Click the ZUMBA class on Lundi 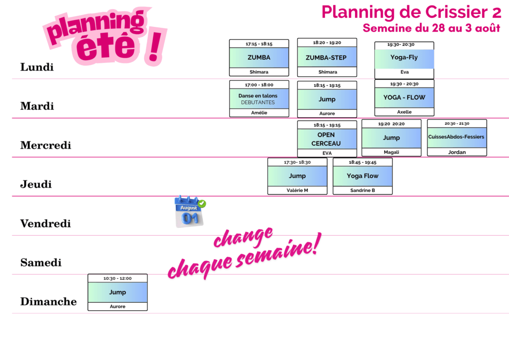tap(258, 58)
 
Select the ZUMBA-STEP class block tap(327, 58)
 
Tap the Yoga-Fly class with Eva tap(404, 60)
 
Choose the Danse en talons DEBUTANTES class tap(259, 98)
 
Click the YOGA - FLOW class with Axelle tap(404, 98)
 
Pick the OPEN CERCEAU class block tap(327, 139)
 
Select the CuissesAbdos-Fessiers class tap(457, 138)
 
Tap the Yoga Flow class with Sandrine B tap(362, 176)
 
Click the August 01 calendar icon tap(190, 212)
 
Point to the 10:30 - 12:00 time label tap(117, 278)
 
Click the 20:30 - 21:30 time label tap(457, 124)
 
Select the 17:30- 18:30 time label tap(297, 162)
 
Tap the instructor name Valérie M tap(297, 190)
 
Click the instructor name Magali tap(392, 152)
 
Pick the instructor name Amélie tap(259, 113)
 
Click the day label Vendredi tap(45, 224)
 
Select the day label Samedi tap(41, 263)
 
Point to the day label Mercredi tap(46, 145)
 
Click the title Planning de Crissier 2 tap(411, 12)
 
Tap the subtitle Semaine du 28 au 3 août tap(431, 28)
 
